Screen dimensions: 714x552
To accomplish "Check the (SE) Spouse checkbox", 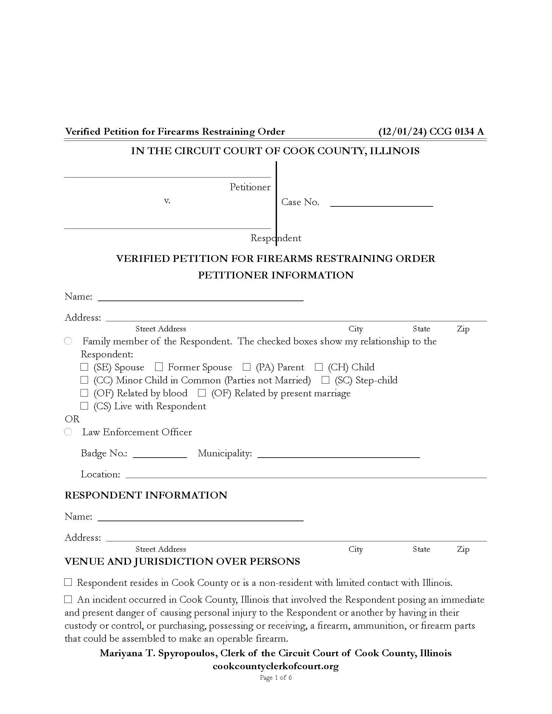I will click(x=84, y=367).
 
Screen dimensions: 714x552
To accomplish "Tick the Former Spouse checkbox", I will click(x=159, y=367).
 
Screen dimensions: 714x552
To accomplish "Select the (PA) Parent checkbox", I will click(x=246, y=367).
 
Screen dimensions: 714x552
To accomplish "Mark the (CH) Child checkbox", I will click(x=319, y=367).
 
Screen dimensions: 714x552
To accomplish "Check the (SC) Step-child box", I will click(x=325, y=380).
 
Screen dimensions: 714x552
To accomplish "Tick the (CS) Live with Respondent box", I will click(x=84, y=406).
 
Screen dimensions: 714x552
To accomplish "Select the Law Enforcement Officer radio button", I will click(x=68, y=432).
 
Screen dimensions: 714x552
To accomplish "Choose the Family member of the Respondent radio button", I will click(x=68, y=341).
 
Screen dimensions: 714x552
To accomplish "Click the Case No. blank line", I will click(x=381, y=203).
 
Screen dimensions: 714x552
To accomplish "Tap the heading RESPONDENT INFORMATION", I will click(x=146, y=495).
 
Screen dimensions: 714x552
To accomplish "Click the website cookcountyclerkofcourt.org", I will click(x=276, y=666).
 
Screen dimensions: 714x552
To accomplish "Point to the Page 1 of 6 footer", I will click(x=276, y=677).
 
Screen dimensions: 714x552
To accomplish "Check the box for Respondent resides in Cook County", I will click(x=68, y=582).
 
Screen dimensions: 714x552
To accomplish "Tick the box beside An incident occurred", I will click(x=68, y=599).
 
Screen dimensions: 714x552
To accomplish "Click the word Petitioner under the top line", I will click(x=250, y=187).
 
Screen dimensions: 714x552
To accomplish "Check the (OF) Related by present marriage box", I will click(x=202, y=393).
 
